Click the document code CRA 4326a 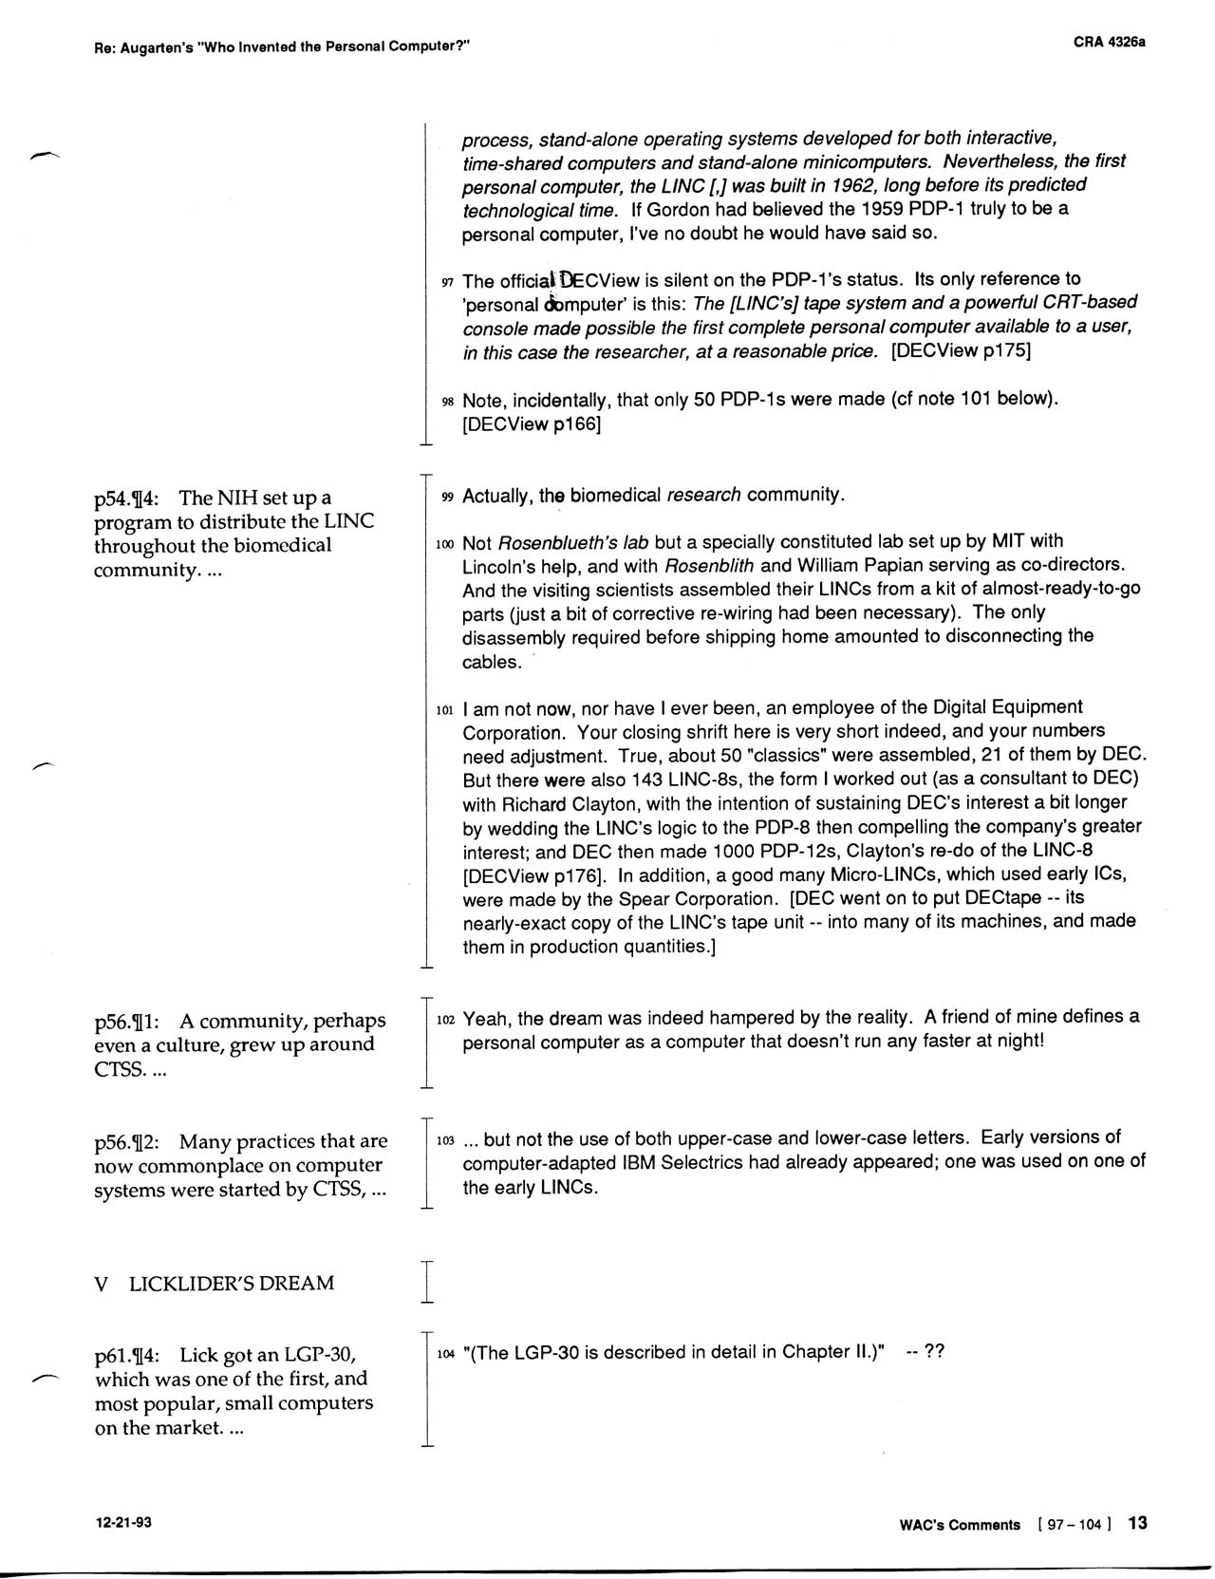(x=1110, y=43)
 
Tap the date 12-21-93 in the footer (x=122, y=1522)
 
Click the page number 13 (x=1137, y=1523)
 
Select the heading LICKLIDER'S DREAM (x=232, y=1284)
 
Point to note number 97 (x=448, y=283)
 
